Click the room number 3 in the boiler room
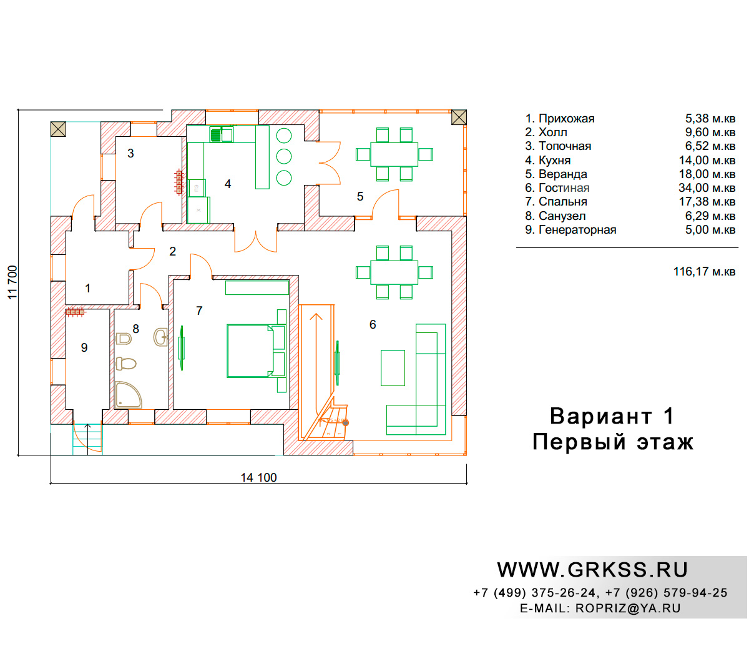(130, 153)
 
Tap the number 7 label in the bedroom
(199, 311)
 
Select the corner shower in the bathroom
(127, 395)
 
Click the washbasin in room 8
(160, 337)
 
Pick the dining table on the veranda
(394, 154)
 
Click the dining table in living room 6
(394, 272)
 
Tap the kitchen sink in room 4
(221, 134)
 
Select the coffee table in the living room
(393, 367)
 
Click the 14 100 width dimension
(258, 477)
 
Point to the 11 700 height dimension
(12, 282)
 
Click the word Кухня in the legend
(554, 160)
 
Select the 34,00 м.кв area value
(707, 187)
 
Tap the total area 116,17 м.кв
(704, 271)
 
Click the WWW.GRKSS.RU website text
(592, 570)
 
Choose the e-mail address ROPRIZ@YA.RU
(628, 609)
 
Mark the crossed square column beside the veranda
(459, 117)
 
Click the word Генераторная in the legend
(577, 230)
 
